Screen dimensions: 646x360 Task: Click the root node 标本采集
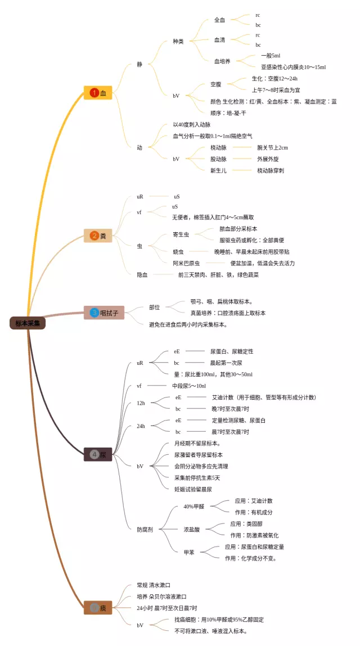coord(28,323)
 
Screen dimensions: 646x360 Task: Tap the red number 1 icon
coord(94,93)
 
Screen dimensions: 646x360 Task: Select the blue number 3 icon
coord(94,313)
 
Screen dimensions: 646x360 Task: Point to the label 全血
coord(219,20)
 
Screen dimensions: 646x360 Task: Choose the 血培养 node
coord(223,61)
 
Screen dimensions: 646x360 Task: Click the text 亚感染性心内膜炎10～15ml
coord(294,67)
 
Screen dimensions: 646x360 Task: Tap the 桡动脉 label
coord(218,147)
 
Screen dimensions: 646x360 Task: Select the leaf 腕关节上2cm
coord(272,147)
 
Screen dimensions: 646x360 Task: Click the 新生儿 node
coord(218,170)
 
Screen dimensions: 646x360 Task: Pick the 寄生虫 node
coord(184,234)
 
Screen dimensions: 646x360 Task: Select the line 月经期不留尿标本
coord(197,443)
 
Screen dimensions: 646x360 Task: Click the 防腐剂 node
coord(148,529)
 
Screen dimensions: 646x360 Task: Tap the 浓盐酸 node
coord(191,529)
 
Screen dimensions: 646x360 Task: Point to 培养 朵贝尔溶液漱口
coord(161,596)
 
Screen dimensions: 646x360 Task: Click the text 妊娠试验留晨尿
coord(193,489)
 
